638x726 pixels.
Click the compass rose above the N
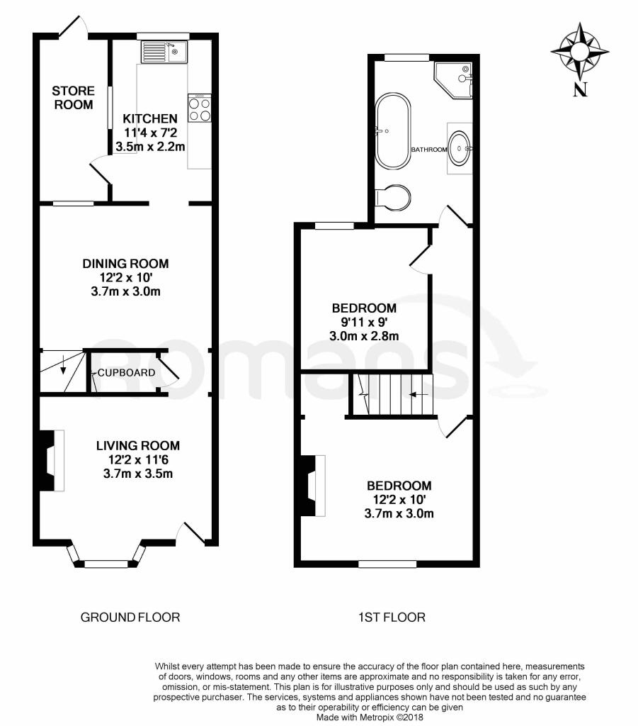tap(581, 52)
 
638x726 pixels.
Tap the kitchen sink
tap(163, 52)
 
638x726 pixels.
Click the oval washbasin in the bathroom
tap(460, 148)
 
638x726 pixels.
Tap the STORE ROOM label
tap(73, 98)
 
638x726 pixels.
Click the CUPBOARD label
tap(126, 373)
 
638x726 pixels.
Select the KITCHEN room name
tap(149, 118)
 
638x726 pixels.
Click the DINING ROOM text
tap(125, 264)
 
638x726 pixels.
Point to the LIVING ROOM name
tap(138, 446)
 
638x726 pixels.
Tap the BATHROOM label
tap(429, 150)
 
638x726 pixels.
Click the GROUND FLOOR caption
tap(130, 617)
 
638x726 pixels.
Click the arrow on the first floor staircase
tap(419, 394)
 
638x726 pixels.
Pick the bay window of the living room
tap(105, 557)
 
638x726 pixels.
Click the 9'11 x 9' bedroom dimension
tap(364, 323)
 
